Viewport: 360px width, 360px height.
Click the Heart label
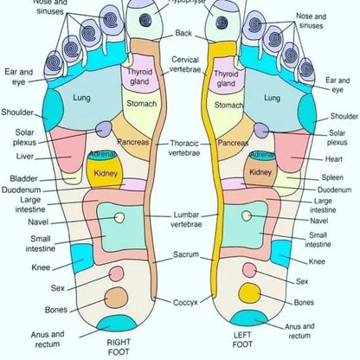[x=337, y=158]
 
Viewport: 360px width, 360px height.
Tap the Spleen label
[x=333, y=177]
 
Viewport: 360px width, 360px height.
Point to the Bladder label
[x=24, y=179]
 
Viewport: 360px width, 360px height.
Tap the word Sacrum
[x=186, y=255]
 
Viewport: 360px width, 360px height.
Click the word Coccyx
[x=185, y=301]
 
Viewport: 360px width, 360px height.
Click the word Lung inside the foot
[x=80, y=98]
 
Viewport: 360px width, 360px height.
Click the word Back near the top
[x=183, y=33]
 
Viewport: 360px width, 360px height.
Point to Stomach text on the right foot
[x=142, y=104]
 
